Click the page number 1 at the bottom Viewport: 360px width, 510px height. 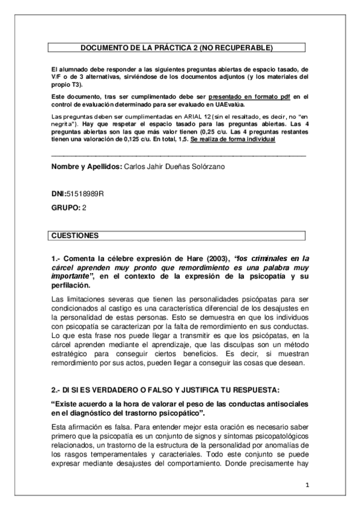coord(306,485)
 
